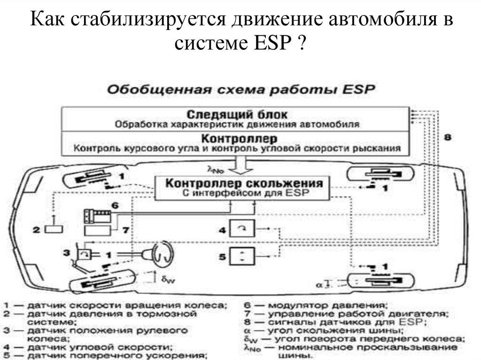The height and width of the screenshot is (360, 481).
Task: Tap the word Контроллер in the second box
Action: tap(239, 139)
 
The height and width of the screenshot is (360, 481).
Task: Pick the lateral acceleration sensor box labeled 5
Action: tap(242, 256)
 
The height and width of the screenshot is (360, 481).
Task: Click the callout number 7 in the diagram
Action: tap(125, 230)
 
